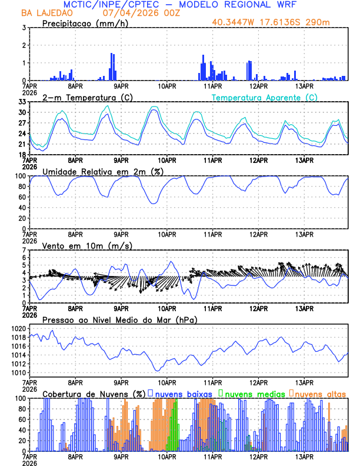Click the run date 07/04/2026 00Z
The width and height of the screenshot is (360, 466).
coord(134,13)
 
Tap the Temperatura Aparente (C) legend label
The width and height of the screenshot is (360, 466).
coord(265,97)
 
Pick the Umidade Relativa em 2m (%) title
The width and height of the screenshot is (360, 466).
coord(102,171)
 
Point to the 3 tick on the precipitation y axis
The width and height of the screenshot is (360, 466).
coord(24,28)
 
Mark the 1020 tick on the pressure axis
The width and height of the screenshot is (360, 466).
coord(19,328)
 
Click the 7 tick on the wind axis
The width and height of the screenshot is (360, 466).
coord(24,250)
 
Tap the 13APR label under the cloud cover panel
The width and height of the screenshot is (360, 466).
coord(304,457)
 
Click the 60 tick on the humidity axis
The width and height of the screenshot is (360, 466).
coord(22,197)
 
